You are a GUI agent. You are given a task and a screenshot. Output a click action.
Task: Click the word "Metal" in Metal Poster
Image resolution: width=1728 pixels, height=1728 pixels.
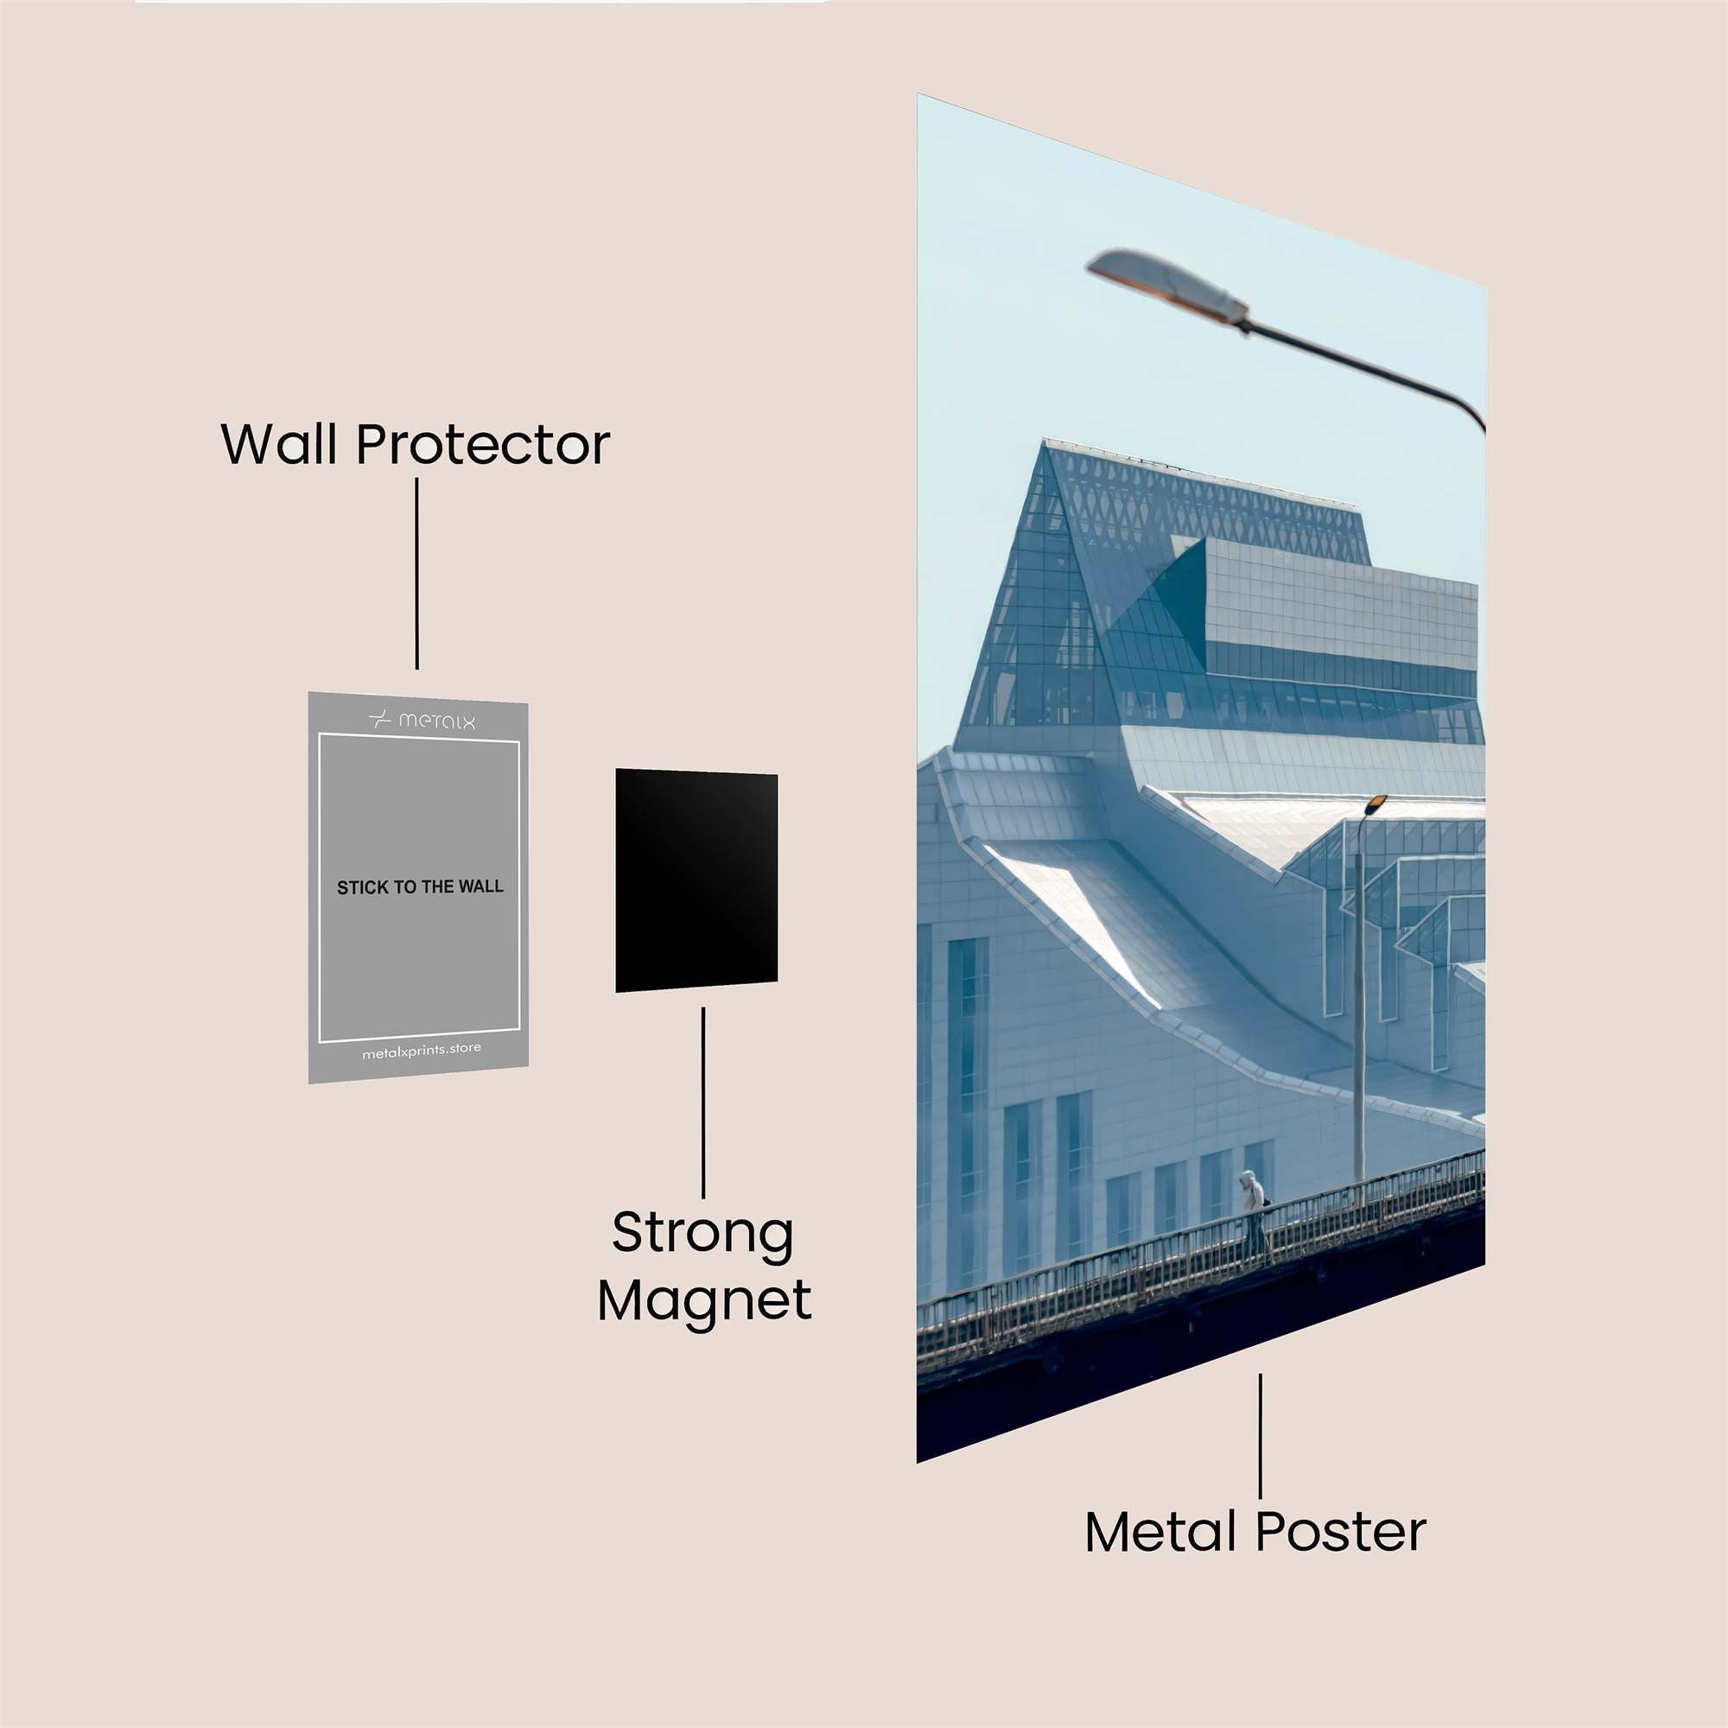point(1162,1532)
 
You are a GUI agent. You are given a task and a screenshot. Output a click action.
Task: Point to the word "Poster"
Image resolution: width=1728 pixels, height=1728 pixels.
point(1340,1532)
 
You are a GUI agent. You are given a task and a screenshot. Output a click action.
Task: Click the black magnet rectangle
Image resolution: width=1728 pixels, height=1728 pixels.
point(696,880)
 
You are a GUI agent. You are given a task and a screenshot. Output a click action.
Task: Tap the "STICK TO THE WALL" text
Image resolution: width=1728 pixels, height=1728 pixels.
point(420,887)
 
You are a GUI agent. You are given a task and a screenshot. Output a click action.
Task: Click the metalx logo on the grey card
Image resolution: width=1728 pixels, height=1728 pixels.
point(422,720)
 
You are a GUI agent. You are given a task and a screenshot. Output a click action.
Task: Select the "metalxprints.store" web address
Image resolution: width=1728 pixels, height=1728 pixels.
point(422,1051)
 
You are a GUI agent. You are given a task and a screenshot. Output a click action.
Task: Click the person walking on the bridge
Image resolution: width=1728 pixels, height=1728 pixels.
point(1254,1216)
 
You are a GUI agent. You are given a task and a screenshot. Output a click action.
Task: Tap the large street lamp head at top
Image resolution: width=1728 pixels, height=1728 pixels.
point(1167,284)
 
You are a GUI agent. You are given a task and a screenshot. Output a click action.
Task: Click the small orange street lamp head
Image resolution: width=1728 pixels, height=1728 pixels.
point(1375,803)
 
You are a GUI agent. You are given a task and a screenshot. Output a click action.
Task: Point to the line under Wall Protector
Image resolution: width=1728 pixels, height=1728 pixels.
point(416,574)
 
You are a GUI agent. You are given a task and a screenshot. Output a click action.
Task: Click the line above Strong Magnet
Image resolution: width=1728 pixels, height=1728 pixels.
point(703,1102)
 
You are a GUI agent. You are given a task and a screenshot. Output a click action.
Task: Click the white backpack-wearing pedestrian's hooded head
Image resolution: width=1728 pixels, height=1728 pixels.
point(1247,1178)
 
